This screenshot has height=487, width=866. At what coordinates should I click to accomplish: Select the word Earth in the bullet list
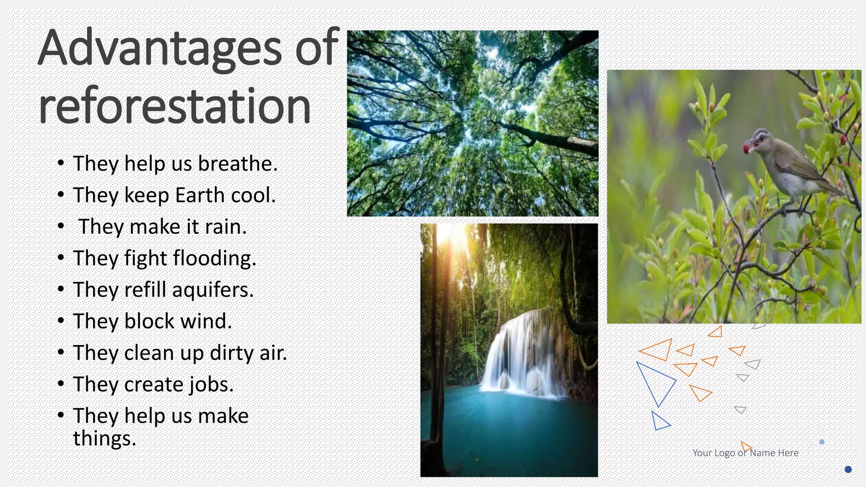coord(200,195)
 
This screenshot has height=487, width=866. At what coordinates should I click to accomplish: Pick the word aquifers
coord(213,290)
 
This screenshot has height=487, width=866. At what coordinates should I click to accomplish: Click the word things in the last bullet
coord(104,438)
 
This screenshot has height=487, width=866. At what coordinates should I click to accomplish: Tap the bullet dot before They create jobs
coord(61,384)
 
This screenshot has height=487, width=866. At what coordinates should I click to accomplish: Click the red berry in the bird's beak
coord(747,148)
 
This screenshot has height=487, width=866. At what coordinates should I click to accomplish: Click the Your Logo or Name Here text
coord(745,453)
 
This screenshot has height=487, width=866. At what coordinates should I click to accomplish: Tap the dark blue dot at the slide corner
coord(848,469)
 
